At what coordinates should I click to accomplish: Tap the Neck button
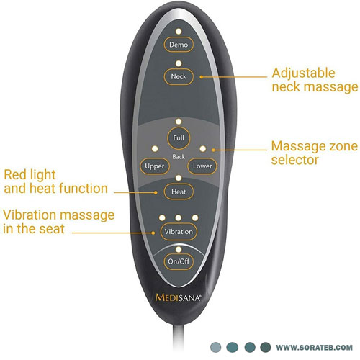[x=179, y=76]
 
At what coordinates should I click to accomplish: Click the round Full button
[x=179, y=138]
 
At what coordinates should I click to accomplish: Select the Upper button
[x=155, y=166]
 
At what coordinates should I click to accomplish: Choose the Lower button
[x=202, y=166]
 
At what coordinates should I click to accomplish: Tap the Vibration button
[x=179, y=232]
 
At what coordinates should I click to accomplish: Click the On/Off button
[x=179, y=261]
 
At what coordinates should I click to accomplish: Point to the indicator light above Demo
[x=179, y=32]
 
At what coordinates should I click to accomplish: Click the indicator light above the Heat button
[x=179, y=178]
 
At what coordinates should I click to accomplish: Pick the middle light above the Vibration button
[x=179, y=217]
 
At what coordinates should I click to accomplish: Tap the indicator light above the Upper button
[x=155, y=149]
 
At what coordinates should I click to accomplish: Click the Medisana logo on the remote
[x=178, y=297]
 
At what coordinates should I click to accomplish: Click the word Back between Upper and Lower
[x=179, y=157]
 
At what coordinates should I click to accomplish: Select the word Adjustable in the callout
[x=303, y=73]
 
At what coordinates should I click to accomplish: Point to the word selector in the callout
[x=295, y=160]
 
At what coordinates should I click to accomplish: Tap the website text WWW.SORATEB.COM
[x=314, y=347]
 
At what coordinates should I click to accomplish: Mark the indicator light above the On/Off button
[x=179, y=250]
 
